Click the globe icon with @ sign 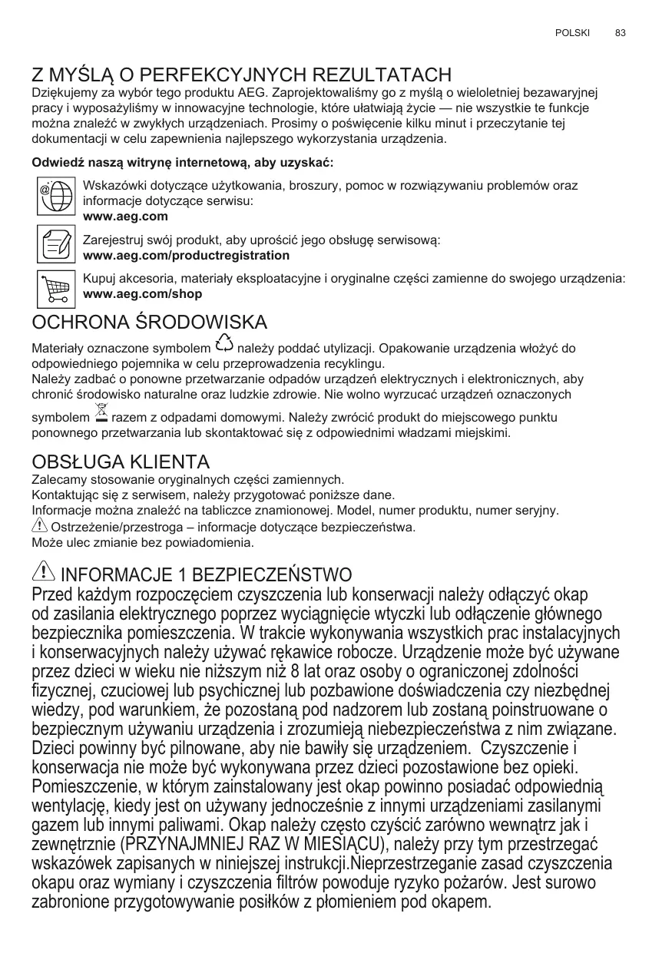coord(55,196)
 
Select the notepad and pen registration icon coord(55,243)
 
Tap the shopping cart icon coord(55,288)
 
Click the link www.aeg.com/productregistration coord(186,255)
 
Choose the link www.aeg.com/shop coord(142,294)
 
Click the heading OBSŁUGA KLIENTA coord(121,462)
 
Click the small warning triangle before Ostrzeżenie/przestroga coord(39,526)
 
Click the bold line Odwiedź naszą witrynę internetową coord(182,164)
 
